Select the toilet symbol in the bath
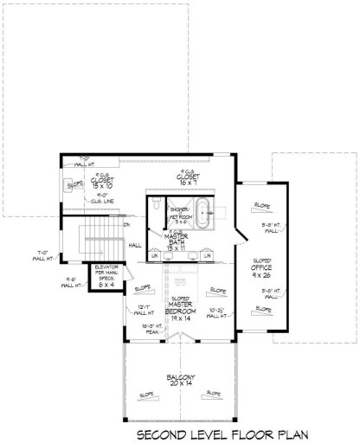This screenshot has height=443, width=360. pyautogui.click(x=156, y=208)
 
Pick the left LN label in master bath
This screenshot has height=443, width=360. pyautogui.click(x=155, y=256)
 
